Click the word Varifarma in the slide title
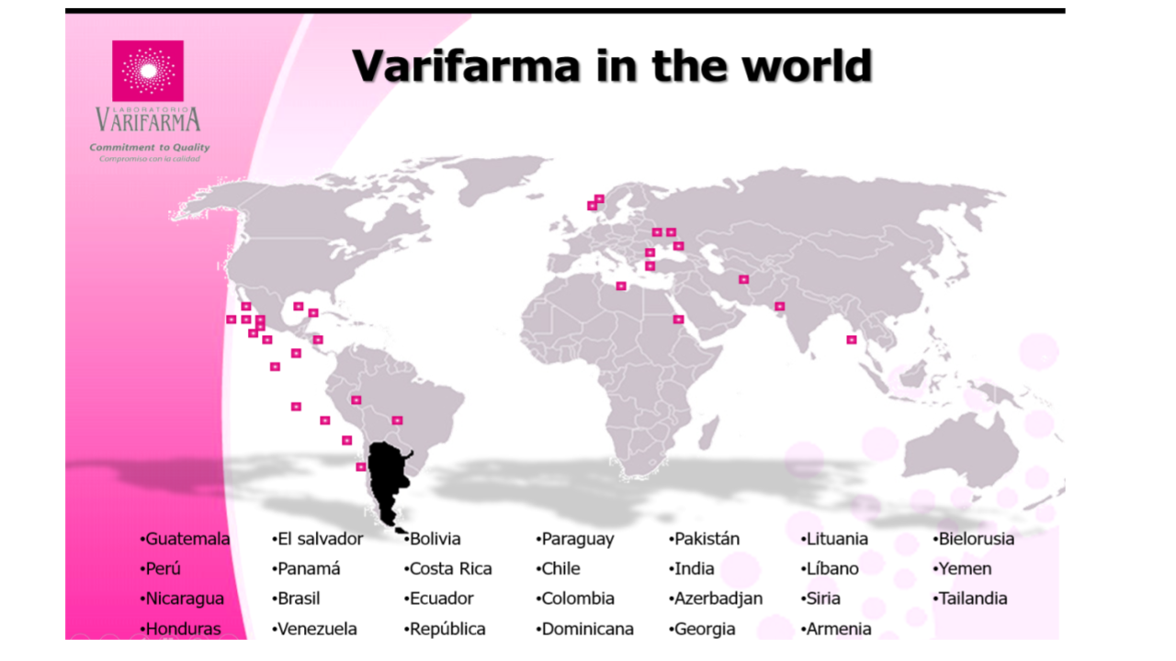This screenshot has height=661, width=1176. (x=466, y=66)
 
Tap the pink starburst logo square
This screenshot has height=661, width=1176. (x=147, y=71)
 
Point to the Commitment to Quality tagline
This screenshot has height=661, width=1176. (x=149, y=147)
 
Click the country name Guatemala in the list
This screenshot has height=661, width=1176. (x=187, y=539)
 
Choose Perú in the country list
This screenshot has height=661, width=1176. (x=163, y=568)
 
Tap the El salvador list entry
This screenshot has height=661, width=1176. (x=320, y=539)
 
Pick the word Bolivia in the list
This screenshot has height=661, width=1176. (x=435, y=539)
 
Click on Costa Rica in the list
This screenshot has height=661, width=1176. (x=450, y=568)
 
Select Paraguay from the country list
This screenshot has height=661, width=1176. (x=577, y=539)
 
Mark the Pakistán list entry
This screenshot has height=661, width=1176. (x=707, y=539)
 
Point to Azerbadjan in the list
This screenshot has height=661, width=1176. (x=718, y=599)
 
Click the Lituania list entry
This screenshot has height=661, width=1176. (x=836, y=539)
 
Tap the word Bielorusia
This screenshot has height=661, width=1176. (x=976, y=539)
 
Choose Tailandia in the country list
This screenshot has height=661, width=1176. (x=972, y=599)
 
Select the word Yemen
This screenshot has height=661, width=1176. (x=965, y=568)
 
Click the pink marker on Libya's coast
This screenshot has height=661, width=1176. (x=621, y=286)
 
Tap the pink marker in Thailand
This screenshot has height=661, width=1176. (x=852, y=340)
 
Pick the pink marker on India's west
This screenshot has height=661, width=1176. (x=780, y=306)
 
